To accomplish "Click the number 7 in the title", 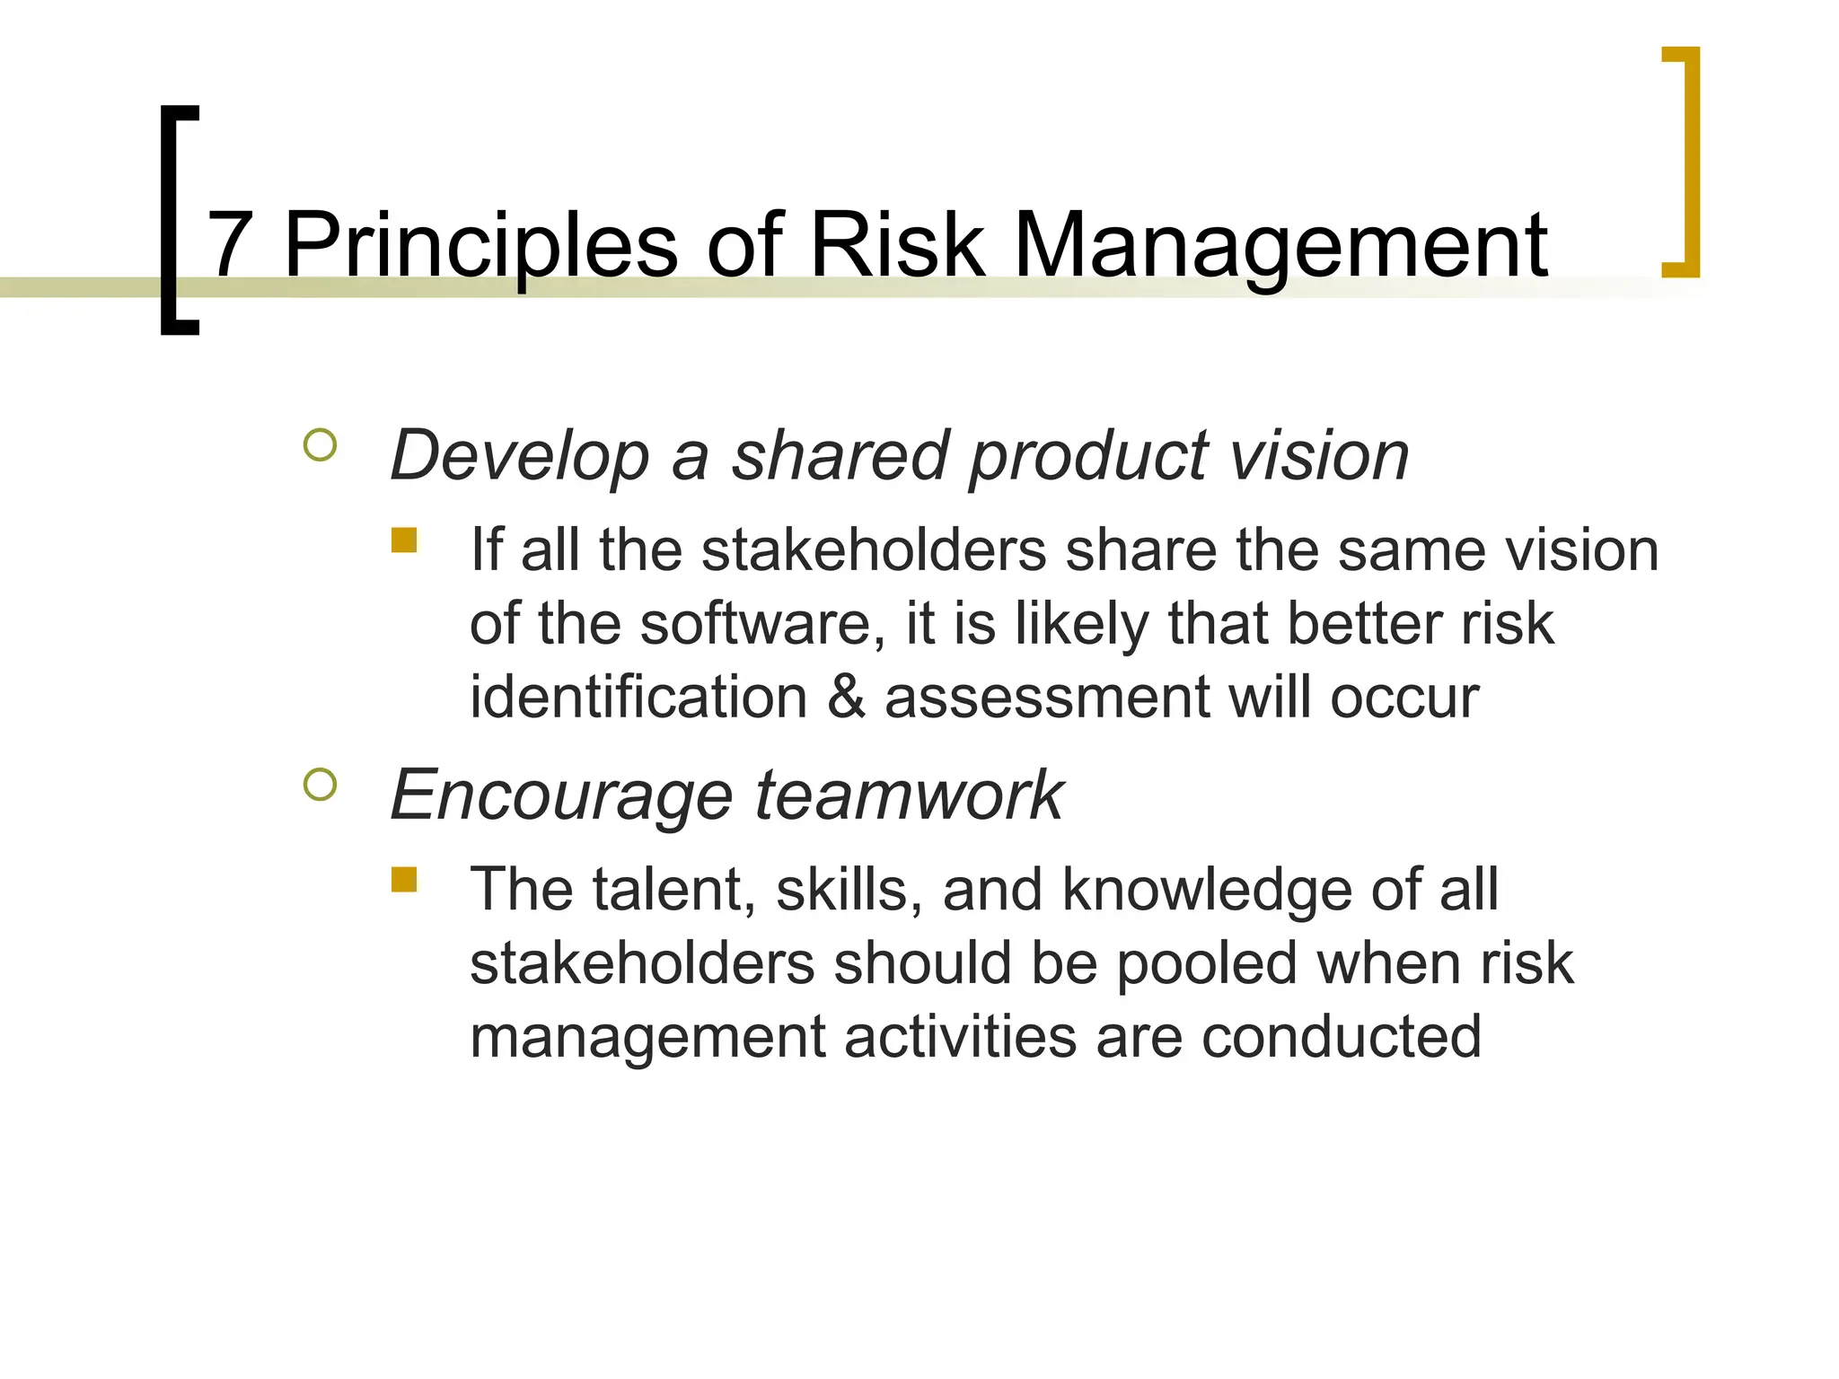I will point(230,244).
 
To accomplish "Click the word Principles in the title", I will point(480,246).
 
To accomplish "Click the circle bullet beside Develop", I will point(321,445).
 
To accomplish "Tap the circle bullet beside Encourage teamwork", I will point(321,785).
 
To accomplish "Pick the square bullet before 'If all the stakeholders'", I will point(404,540).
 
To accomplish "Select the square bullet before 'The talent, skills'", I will point(404,880).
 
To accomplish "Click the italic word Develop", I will point(520,456).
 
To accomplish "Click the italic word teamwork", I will point(909,795).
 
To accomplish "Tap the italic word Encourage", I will point(561,795).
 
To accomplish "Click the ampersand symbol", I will point(846,697).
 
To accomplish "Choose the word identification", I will point(638,697).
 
